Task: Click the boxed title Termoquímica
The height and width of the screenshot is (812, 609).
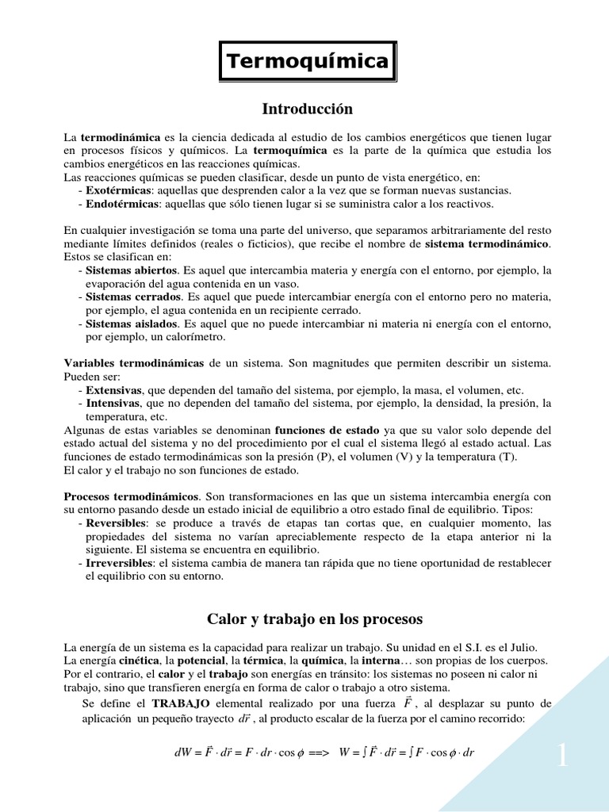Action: coord(308,61)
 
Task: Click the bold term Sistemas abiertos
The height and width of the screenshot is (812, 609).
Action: coord(127,270)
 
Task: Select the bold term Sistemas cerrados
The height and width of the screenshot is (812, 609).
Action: coord(128,297)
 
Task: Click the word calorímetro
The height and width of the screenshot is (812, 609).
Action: coord(194,336)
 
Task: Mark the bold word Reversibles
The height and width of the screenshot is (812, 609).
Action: coord(116,523)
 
